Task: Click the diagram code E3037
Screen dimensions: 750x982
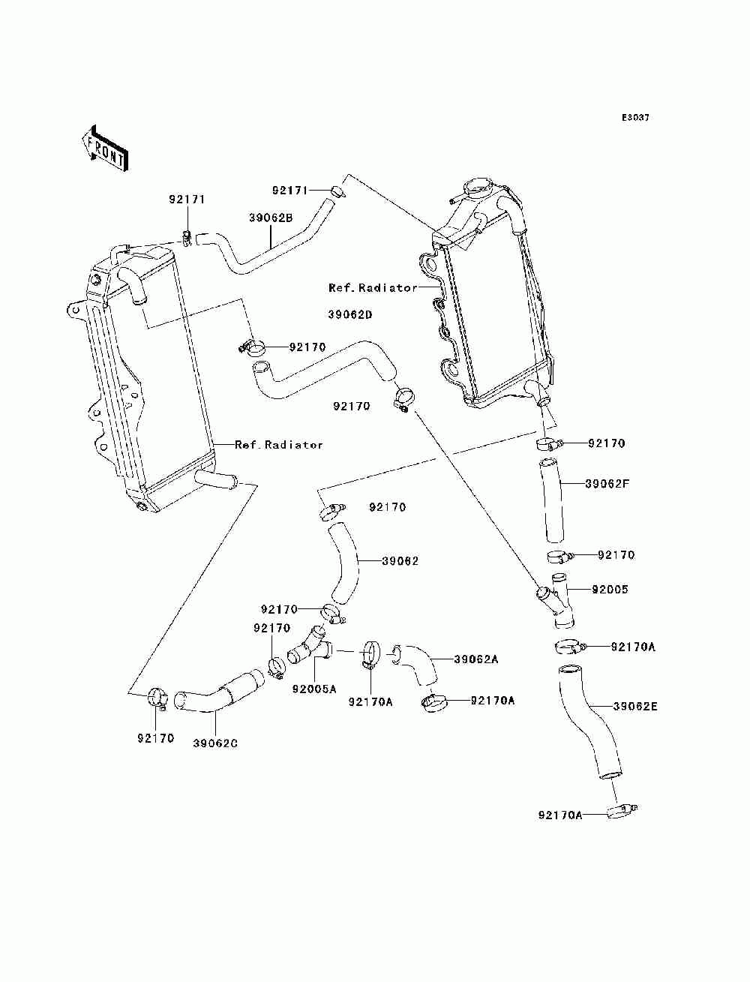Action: click(x=635, y=118)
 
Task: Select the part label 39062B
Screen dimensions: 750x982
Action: click(x=271, y=218)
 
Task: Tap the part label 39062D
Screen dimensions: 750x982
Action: click(x=349, y=314)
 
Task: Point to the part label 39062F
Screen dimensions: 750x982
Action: click(x=607, y=484)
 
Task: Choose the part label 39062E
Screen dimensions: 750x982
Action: click(x=635, y=707)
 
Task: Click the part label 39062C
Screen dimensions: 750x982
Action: click(x=215, y=743)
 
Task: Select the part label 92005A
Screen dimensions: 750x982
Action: click(x=314, y=689)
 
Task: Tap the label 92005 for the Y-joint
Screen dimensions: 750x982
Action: click(x=610, y=589)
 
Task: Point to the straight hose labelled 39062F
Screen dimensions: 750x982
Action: click(x=552, y=500)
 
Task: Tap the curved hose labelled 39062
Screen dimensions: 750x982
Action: click(x=343, y=563)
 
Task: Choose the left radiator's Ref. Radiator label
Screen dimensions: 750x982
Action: click(x=278, y=445)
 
